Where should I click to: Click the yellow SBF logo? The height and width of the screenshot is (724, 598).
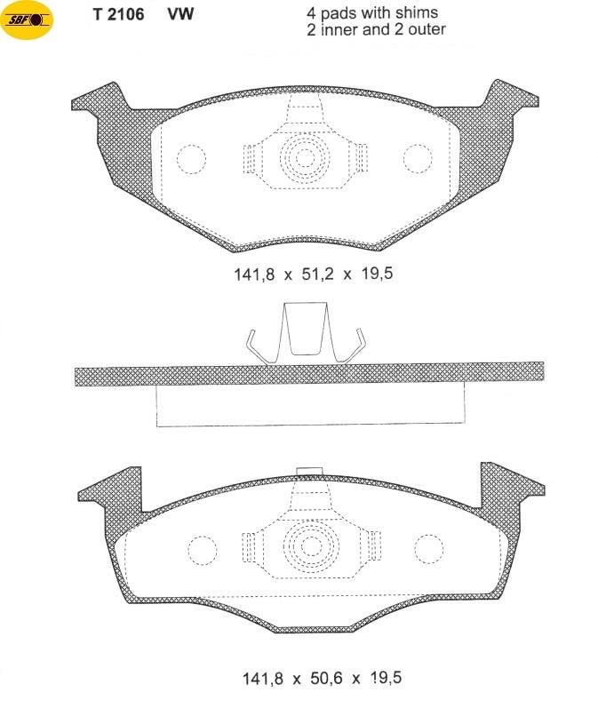click(27, 20)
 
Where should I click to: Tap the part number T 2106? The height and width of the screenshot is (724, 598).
click(119, 15)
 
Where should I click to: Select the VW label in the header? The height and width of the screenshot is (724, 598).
click(180, 15)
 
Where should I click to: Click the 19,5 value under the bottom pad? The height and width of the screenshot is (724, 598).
click(386, 678)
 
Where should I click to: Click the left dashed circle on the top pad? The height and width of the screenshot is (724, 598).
click(191, 159)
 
